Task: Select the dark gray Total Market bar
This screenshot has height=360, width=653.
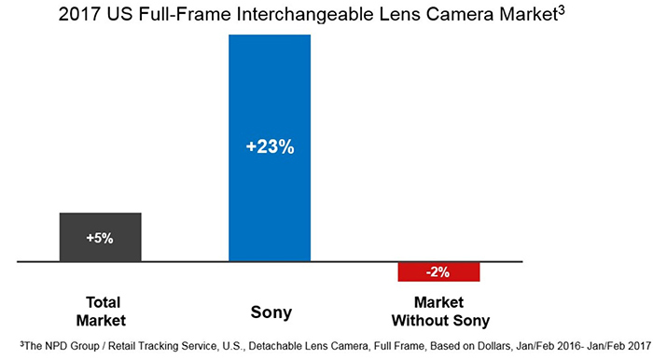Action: [x=100, y=237]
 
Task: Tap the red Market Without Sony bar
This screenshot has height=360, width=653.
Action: [x=438, y=271]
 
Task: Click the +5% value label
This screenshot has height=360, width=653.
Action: [x=100, y=238]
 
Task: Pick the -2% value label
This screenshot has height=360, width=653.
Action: [x=438, y=272]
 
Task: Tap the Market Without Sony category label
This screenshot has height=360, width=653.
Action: [x=438, y=310]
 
